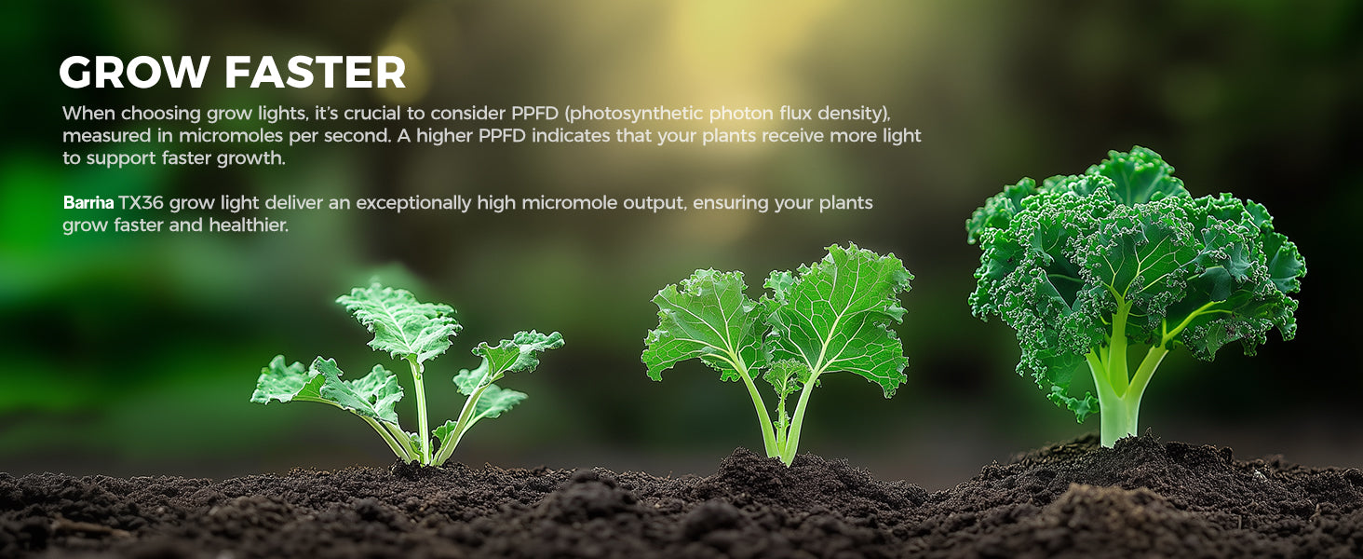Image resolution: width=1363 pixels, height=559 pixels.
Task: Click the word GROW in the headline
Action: tap(134, 72)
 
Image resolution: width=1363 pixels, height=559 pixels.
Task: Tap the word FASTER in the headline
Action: tap(316, 72)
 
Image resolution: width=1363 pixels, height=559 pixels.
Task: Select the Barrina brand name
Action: tap(88, 202)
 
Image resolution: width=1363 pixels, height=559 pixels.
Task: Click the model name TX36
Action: tap(142, 202)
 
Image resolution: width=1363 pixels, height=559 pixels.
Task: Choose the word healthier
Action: tap(249, 225)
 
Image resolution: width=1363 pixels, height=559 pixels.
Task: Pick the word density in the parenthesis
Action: tap(854, 115)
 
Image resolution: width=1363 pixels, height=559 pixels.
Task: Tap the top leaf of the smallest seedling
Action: tap(398, 320)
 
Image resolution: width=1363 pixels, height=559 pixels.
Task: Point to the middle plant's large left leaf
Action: tap(703, 322)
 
